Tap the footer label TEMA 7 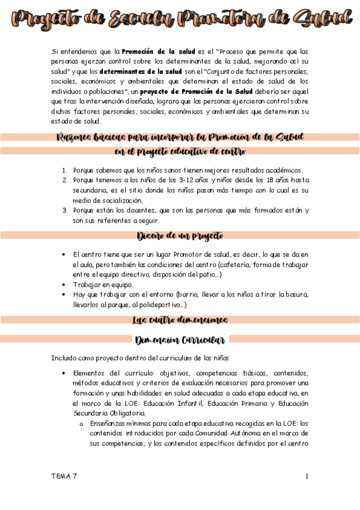coord(64,476)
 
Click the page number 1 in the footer coord(307,476)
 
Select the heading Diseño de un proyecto coord(180,235)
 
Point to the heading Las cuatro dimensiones coord(180,320)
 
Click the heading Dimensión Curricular coord(180,340)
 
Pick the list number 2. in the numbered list coord(66,180)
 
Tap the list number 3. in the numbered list coord(66,210)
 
